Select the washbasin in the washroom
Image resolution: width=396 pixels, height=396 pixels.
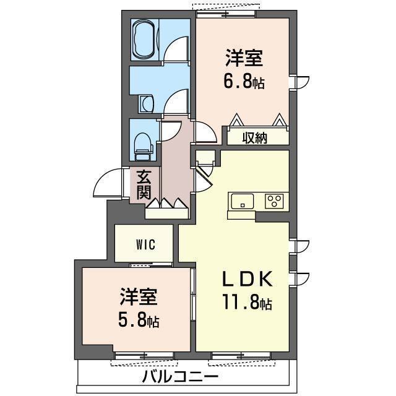(x=146, y=104)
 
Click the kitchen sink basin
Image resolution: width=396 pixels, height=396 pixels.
(x=243, y=201)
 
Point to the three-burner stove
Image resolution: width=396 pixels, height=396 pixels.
(x=274, y=201)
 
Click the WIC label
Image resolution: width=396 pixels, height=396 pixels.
(x=146, y=244)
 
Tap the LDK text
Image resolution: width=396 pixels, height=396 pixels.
(x=247, y=278)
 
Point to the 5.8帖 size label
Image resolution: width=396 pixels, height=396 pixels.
(x=139, y=320)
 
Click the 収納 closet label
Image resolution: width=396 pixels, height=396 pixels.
(x=255, y=138)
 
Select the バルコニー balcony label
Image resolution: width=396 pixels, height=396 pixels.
(x=180, y=377)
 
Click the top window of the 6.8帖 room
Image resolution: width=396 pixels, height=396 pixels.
(x=226, y=14)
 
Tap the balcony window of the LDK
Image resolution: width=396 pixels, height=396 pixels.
(x=241, y=356)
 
